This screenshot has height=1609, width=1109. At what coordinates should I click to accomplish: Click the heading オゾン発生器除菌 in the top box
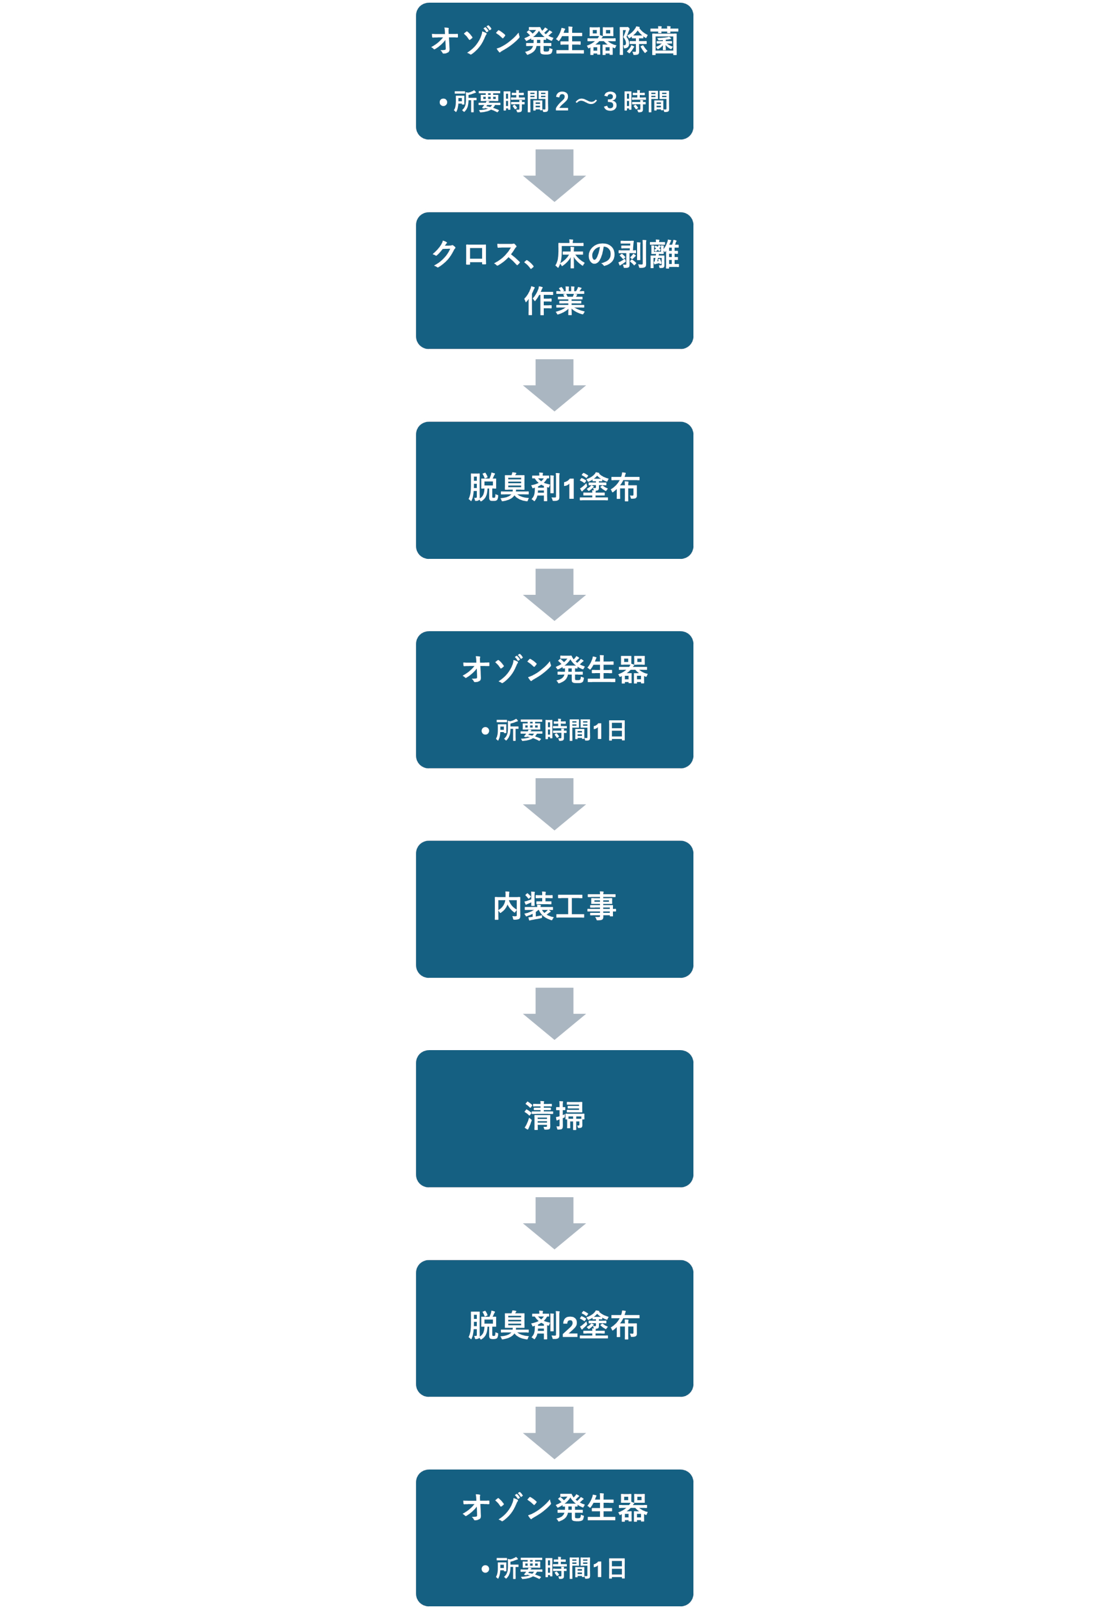pos(554,41)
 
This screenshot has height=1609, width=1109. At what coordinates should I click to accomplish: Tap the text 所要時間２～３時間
pos(561,102)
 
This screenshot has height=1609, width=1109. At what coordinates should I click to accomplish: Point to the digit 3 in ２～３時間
pos(610,102)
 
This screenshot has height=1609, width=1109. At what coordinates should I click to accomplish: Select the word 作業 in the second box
pos(554,301)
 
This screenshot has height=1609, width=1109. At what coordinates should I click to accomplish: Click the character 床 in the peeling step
pos(570,254)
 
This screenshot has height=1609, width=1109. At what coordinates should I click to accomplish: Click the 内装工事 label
pos(554,906)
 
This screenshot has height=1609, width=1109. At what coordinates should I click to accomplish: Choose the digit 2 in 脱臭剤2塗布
pos(570,1326)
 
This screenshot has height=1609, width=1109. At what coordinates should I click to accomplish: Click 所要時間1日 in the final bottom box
pos(561,1568)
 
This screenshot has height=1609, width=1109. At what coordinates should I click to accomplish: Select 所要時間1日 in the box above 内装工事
pos(561,730)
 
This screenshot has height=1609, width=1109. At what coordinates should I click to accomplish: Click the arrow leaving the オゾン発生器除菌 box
pos(554,175)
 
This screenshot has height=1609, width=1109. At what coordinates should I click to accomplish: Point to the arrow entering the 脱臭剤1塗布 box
pos(554,385)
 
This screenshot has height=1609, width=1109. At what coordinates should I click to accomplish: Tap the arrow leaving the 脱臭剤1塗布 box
pos(554,595)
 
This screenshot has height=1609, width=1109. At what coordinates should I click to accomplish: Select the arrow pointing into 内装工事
pos(554,804)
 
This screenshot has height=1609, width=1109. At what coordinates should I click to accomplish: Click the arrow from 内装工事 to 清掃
pos(554,1014)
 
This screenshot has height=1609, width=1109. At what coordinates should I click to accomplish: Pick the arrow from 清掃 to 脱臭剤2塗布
pos(554,1223)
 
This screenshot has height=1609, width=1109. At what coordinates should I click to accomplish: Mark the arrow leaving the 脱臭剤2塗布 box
pos(554,1433)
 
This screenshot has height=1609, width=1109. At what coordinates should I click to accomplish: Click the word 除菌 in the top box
pos(648,41)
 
